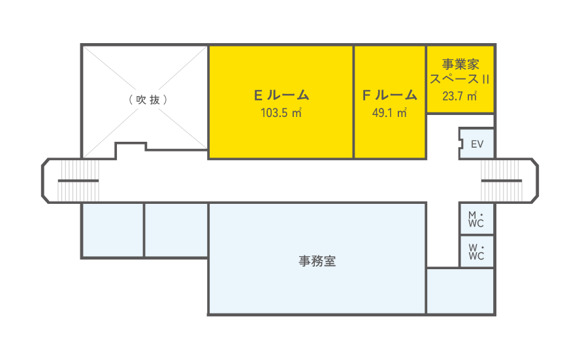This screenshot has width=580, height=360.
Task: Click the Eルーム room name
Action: click(x=281, y=95)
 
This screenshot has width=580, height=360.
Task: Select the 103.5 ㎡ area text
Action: click(x=281, y=112)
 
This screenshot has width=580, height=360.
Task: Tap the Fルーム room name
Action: click(x=390, y=95)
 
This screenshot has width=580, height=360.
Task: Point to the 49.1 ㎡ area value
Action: click(x=390, y=112)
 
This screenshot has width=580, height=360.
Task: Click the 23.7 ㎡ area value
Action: click(x=459, y=97)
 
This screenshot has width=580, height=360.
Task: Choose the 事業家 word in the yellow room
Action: click(x=460, y=65)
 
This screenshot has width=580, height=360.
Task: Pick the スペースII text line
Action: click(x=460, y=80)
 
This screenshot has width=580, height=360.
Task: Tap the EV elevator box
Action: click(x=477, y=144)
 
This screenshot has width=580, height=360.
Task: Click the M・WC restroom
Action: click(x=477, y=220)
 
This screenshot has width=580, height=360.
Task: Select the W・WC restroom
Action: click(x=477, y=252)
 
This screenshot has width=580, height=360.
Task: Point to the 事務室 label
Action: click(x=317, y=261)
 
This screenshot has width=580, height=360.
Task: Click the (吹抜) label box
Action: click(x=147, y=99)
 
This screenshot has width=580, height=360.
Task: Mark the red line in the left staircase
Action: click(x=74, y=180)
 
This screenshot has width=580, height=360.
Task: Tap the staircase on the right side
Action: click(x=500, y=180)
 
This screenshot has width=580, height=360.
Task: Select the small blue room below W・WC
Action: click(x=460, y=291)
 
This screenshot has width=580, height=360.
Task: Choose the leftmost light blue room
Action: click(x=112, y=229)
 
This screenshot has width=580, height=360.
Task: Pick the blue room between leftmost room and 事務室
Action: click(x=176, y=229)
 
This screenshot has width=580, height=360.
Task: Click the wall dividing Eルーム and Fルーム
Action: click(x=353, y=102)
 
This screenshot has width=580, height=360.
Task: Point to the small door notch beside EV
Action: click(x=460, y=144)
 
